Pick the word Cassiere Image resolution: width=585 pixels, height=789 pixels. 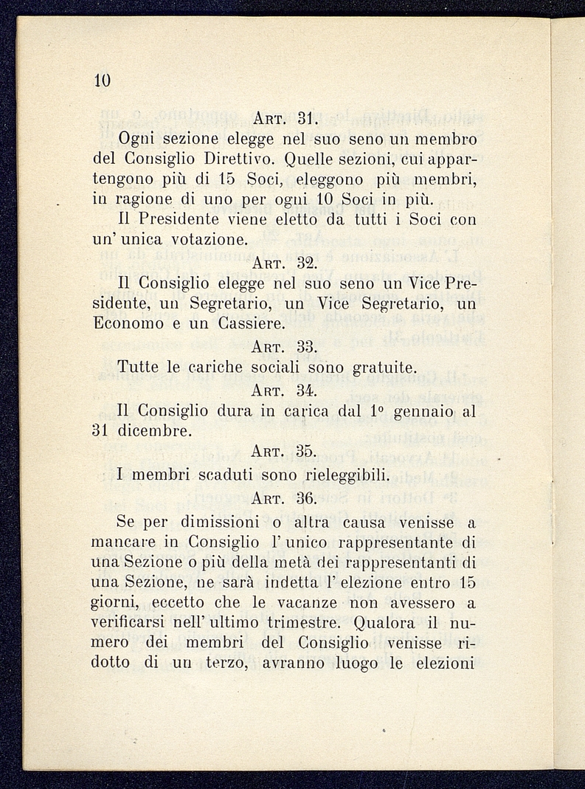pyautogui.click(x=246, y=323)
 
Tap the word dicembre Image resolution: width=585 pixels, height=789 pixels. pyautogui.click(x=154, y=430)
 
